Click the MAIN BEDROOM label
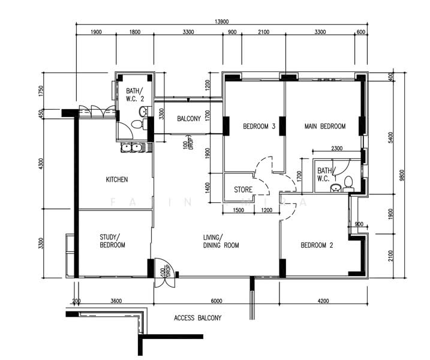pos(325,127)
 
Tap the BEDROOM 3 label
pos(258,127)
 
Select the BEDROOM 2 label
pos(317,245)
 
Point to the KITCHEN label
pos(116,180)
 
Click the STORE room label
pos(243,190)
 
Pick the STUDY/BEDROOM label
pos(112,241)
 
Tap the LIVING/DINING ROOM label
pos(221,241)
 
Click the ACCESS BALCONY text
pos(197,318)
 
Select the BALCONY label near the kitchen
pos(189,119)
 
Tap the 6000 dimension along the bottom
pos(216,301)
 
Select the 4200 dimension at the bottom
pos(323,301)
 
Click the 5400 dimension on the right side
pos(390,137)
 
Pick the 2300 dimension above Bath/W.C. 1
pos(337,149)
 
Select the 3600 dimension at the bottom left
pos(116,301)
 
